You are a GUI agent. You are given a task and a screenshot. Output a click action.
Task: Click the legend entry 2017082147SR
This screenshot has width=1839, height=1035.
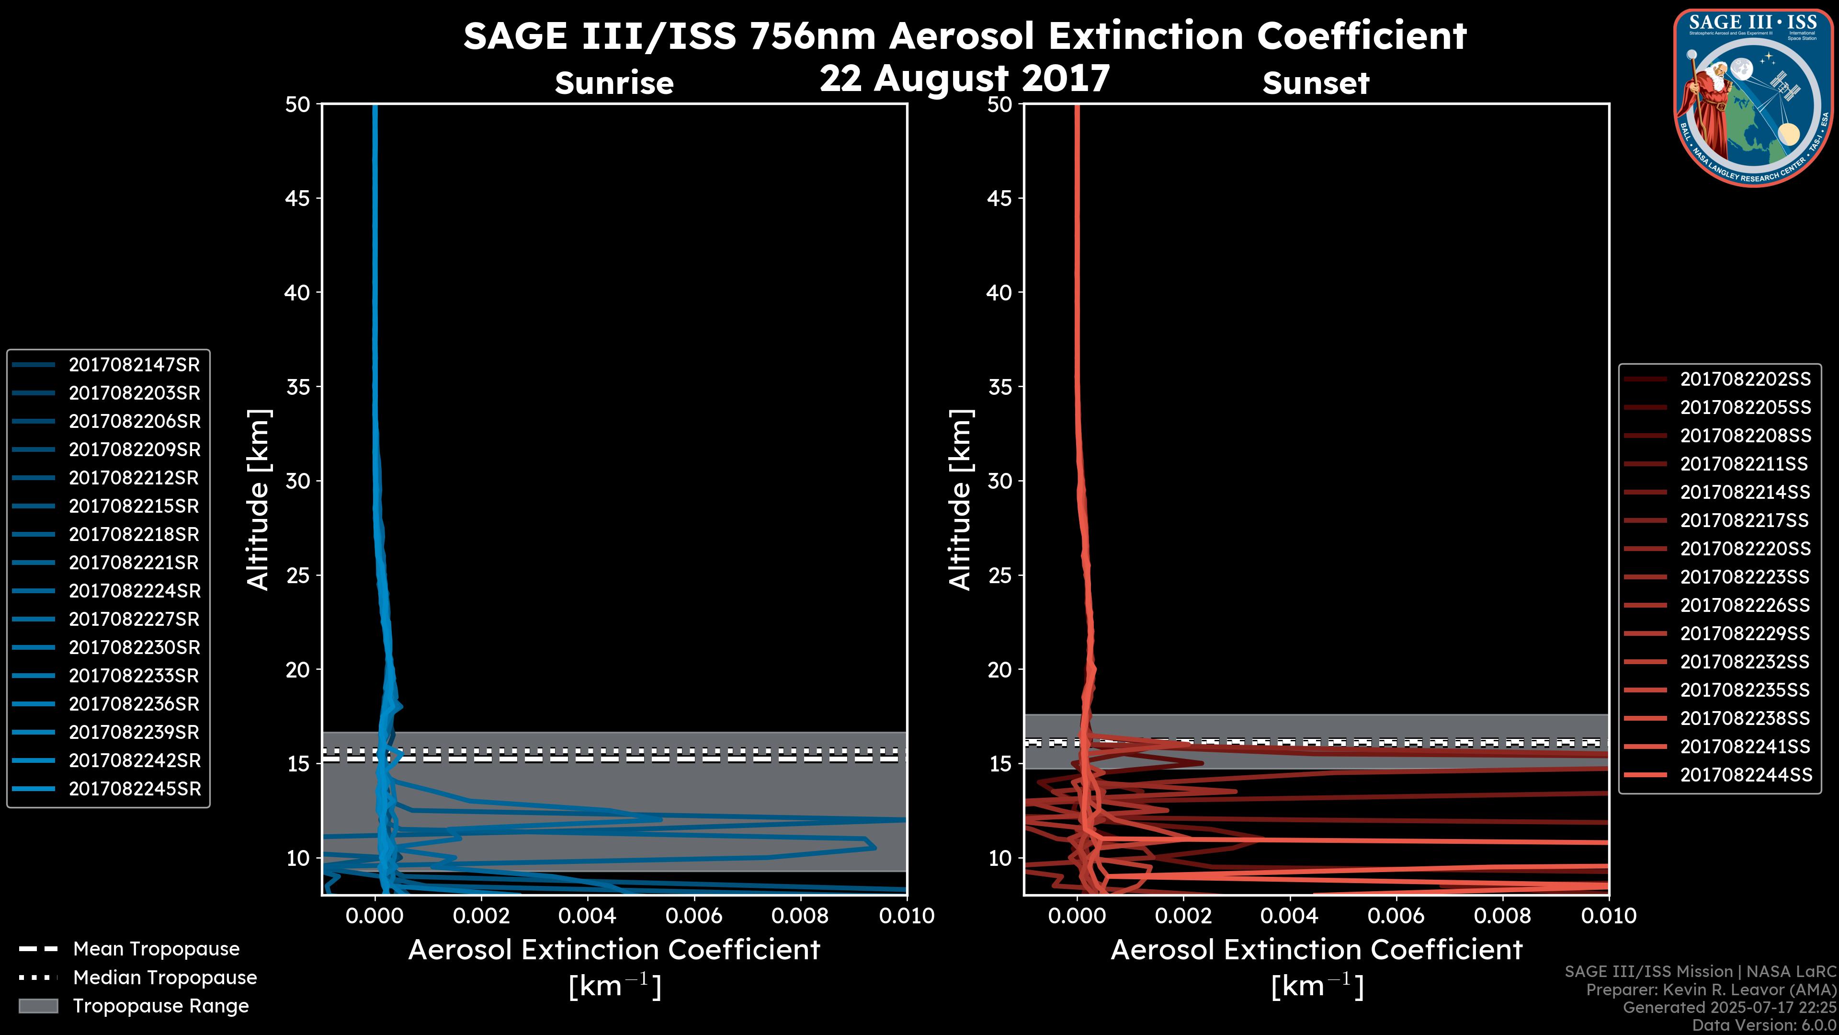(x=134, y=365)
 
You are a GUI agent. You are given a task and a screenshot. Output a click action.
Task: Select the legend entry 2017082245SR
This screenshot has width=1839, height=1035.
(x=134, y=789)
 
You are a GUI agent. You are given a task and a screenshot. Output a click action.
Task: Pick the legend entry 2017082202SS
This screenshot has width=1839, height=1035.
(x=1745, y=379)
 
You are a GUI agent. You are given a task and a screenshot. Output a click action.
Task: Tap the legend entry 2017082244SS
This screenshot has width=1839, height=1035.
(x=1745, y=775)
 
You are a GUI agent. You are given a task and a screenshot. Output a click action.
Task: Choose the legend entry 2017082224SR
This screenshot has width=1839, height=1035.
(x=134, y=591)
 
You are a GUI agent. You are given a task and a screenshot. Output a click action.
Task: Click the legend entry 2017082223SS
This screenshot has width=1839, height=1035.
(x=1745, y=577)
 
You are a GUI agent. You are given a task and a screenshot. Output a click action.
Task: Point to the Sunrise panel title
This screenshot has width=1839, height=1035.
(x=614, y=83)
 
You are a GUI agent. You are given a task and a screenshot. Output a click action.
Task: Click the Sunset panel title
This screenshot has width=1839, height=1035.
(x=1316, y=83)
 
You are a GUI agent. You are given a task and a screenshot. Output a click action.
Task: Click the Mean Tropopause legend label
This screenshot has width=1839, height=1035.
(x=156, y=949)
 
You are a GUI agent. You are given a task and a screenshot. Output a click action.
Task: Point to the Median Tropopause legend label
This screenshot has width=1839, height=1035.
(x=165, y=978)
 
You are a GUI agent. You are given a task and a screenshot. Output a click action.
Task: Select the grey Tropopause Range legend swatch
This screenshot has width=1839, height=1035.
(x=38, y=1006)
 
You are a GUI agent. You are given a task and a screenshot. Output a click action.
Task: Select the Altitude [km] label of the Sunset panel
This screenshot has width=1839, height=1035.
(x=960, y=500)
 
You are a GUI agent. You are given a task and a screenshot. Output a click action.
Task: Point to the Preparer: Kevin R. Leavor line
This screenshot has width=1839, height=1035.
(x=1711, y=990)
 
